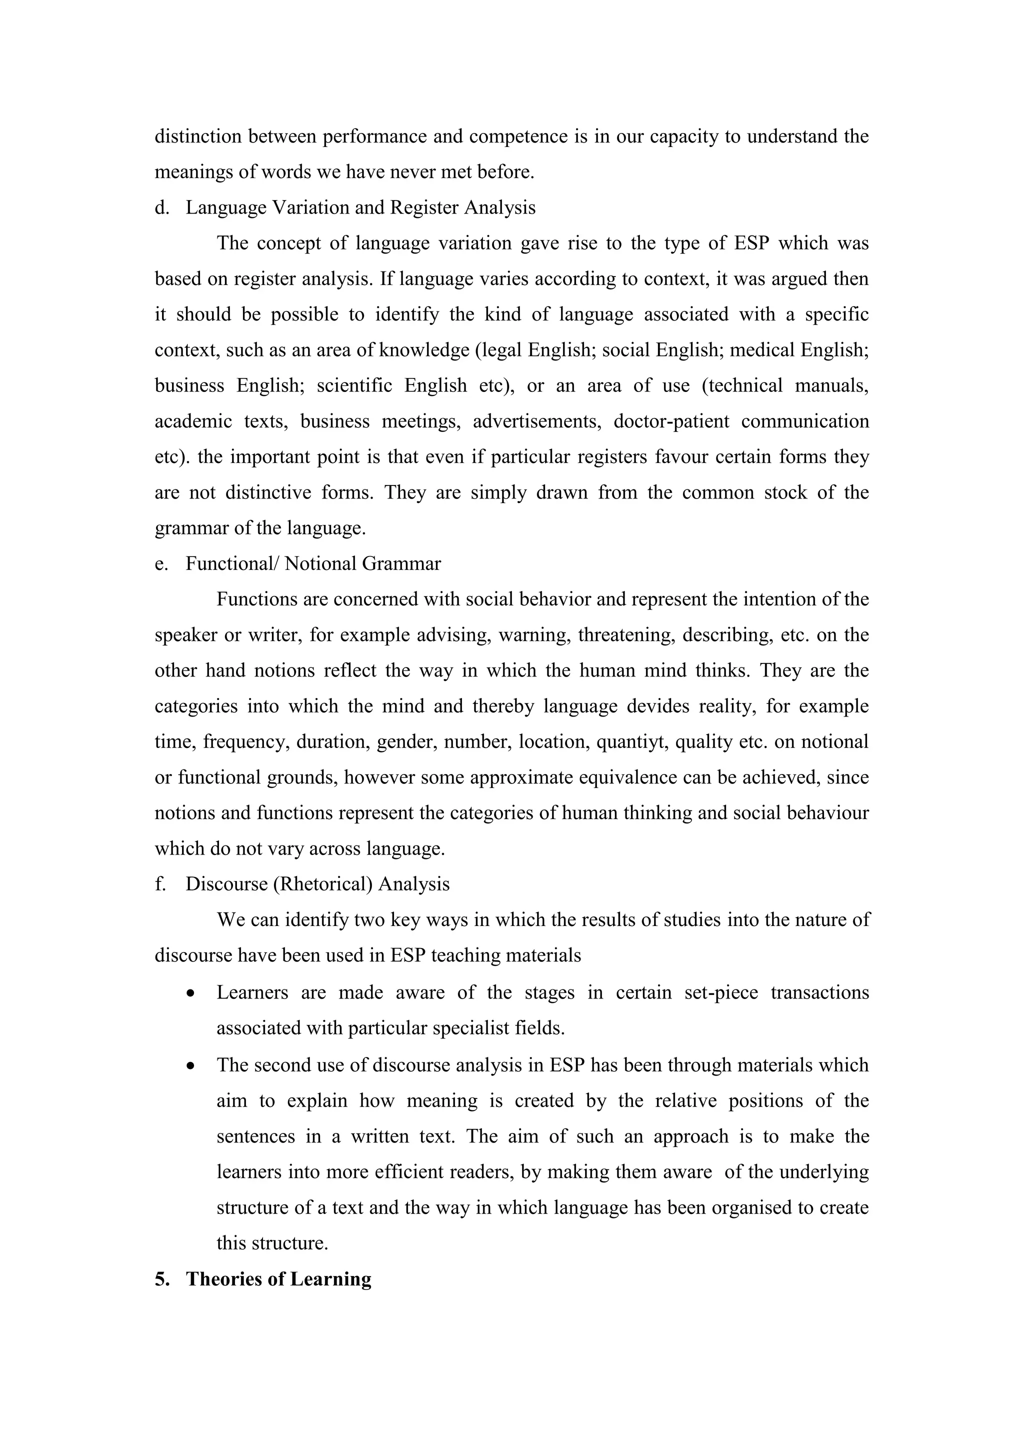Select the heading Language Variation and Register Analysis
360,207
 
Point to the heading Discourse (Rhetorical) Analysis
317,884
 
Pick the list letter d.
161,207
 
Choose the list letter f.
159,884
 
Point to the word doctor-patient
671,421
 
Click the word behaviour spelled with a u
827,813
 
